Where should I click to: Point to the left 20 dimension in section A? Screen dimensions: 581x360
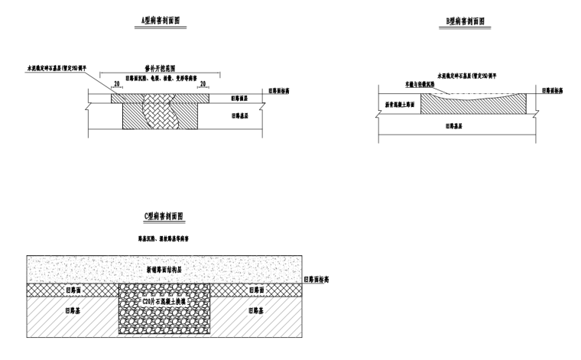pyautogui.click(x=116, y=84)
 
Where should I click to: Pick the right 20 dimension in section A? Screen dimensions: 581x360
pyautogui.click(x=203, y=84)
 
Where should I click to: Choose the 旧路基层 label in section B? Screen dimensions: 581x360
pyautogui.click(x=459, y=127)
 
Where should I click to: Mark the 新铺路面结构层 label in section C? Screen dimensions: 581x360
pyautogui.click(x=166, y=269)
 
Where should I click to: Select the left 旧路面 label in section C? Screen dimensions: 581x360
pyautogui.click(x=73, y=290)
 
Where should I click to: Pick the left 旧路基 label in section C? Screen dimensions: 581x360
pyautogui.click(x=73, y=312)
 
